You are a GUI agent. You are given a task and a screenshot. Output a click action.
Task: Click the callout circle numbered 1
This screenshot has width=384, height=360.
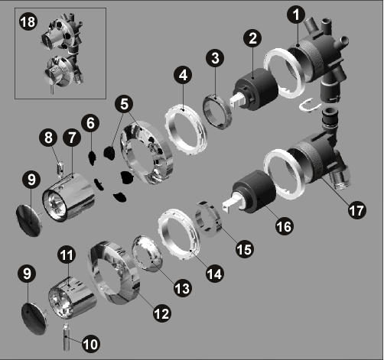coord(296,15)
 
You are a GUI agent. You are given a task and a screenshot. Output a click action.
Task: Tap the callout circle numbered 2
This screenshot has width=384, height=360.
coord(252,39)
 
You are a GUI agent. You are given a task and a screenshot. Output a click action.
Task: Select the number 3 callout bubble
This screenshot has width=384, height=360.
coord(215,58)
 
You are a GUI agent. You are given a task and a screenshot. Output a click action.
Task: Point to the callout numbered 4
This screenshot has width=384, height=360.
coord(183,76)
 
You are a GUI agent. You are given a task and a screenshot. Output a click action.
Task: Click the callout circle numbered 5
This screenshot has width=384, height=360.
coord(124,104)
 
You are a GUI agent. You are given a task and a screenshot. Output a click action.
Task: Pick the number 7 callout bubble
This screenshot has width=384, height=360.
coord(72,138)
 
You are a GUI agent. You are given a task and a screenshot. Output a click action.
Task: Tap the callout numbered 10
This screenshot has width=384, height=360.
coord(91,344)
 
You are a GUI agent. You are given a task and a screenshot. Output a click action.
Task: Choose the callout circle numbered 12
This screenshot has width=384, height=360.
coord(162,313)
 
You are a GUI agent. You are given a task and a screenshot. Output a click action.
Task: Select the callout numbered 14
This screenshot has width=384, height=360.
coord(215,274)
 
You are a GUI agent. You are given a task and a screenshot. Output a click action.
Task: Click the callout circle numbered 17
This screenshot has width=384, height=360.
coord(356,210)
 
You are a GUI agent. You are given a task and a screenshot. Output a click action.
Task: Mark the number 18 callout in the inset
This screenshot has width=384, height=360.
coord(28,21)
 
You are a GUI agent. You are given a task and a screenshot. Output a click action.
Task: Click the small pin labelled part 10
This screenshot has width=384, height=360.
coord(66,337)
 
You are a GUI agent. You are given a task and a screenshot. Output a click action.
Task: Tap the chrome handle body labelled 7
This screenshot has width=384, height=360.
coord(68,197)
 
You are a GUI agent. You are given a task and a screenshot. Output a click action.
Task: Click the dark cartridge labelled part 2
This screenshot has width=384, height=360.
coord(254,89)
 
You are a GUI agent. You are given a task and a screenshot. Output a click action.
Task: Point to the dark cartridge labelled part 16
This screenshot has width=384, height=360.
coord(250,193)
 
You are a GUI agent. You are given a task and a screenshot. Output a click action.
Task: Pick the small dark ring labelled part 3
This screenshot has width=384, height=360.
coord(217,112)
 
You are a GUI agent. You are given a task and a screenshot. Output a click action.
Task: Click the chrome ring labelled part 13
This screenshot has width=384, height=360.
coord(148,254)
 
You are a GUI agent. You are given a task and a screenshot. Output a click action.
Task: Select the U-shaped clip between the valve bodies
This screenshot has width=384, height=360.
coord(310,105)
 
